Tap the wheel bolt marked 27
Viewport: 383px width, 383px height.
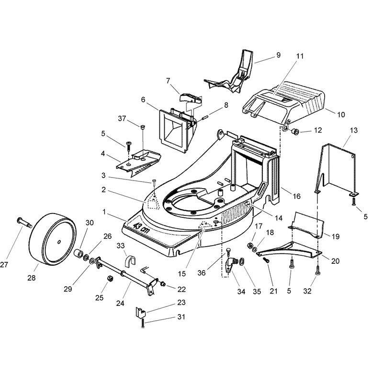point(25,222)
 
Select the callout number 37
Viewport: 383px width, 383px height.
point(122,118)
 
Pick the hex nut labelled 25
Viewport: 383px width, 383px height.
point(110,278)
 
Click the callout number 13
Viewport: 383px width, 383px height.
point(354,130)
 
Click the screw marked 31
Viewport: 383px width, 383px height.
point(143,324)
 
